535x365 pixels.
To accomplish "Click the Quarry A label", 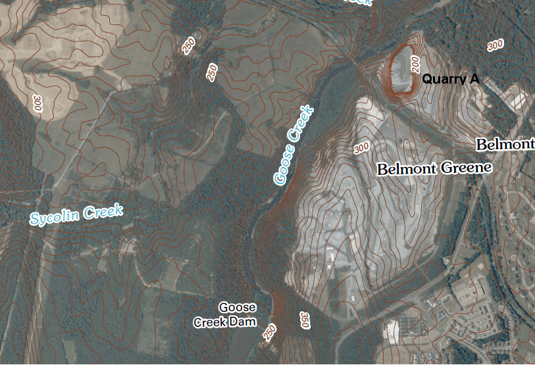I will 451,80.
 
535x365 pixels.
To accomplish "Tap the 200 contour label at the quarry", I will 415,64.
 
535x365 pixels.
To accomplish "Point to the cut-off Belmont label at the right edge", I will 505,144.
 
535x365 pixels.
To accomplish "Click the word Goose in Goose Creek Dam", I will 238,308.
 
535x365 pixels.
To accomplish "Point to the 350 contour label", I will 305,320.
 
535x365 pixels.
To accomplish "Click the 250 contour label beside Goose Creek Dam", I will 270,332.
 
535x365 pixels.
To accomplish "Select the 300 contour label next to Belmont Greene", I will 361,148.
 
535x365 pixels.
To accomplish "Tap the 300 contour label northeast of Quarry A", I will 495,45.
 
